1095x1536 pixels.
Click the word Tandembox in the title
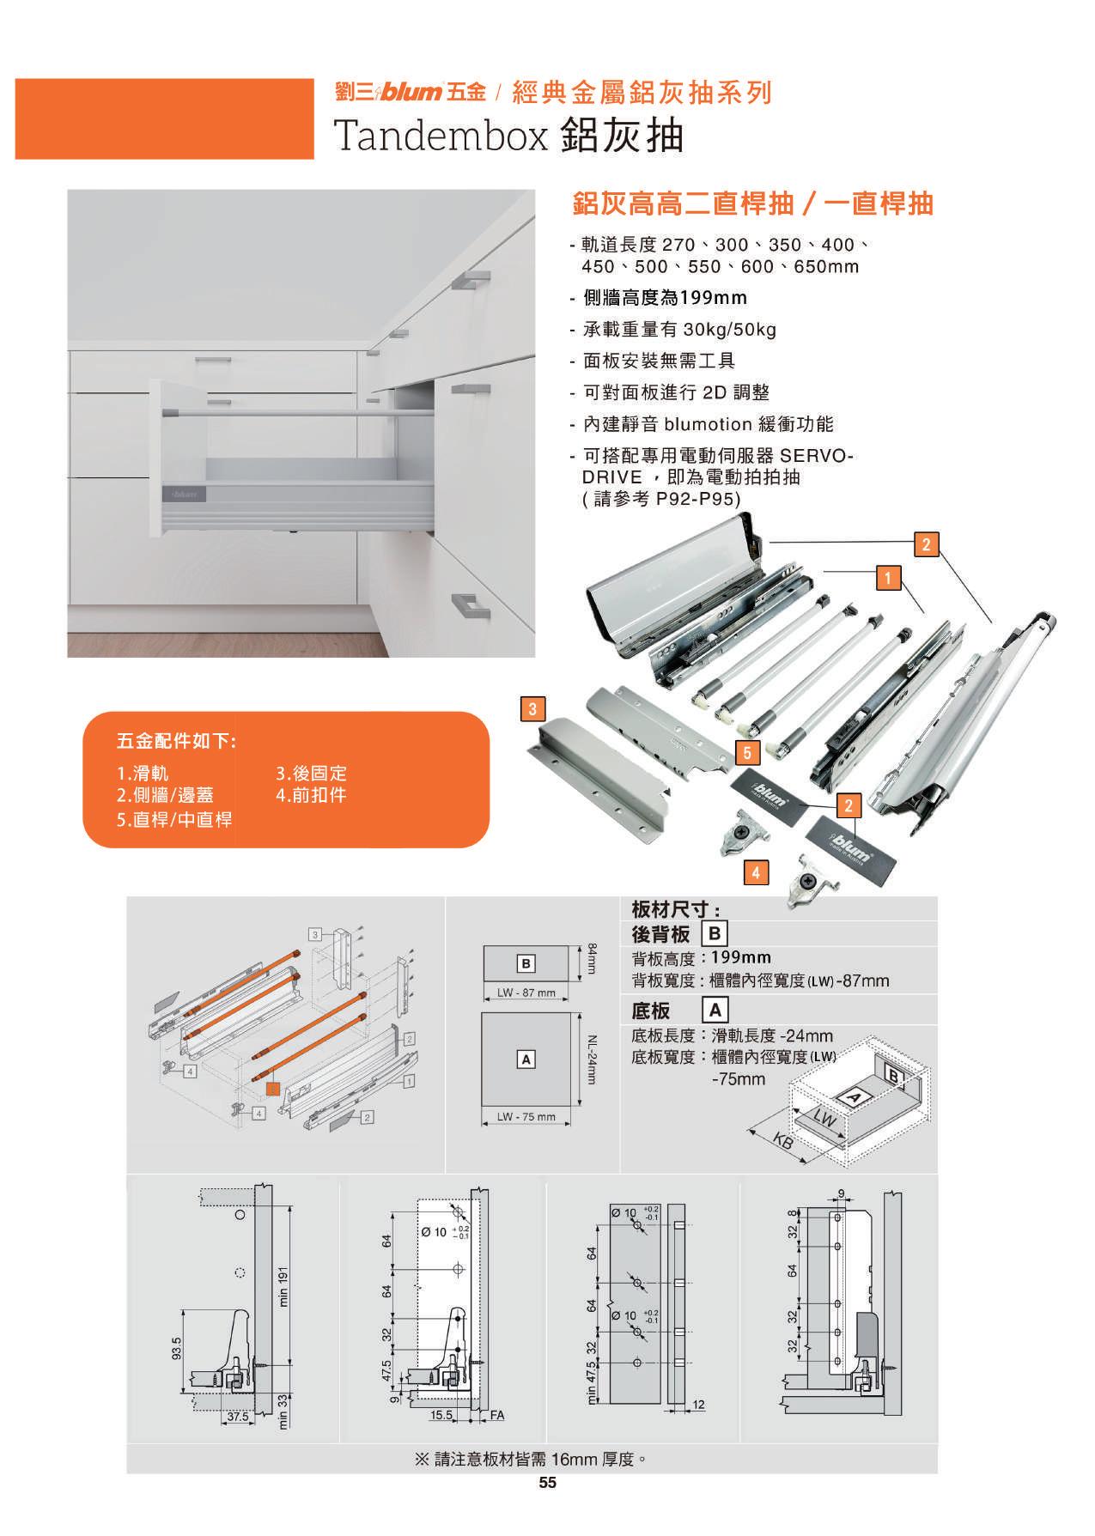pyautogui.click(x=440, y=136)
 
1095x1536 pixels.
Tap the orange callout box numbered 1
pyautogui.click(x=888, y=578)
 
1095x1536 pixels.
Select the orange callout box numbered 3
pyautogui.click(x=533, y=709)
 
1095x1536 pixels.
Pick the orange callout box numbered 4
pyautogui.click(x=756, y=873)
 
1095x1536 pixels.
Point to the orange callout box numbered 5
pyautogui.click(x=748, y=754)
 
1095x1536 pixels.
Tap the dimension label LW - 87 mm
pyautogui.click(x=526, y=993)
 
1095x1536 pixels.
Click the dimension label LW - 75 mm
pyautogui.click(x=526, y=1117)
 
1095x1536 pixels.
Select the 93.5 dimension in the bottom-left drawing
pyautogui.click(x=177, y=1349)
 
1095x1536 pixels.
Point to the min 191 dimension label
pyautogui.click(x=284, y=1288)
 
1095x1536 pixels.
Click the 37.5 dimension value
pyautogui.click(x=237, y=1417)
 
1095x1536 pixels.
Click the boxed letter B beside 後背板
pyautogui.click(x=715, y=933)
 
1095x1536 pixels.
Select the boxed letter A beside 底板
pyautogui.click(x=715, y=1011)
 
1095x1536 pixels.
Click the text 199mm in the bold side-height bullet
pyautogui.click(x=713, y=298)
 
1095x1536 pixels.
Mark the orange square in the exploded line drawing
pyautogui.click(x=273, y=1090)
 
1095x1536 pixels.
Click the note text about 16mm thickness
pyautogui.click(x=530, y=1459)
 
